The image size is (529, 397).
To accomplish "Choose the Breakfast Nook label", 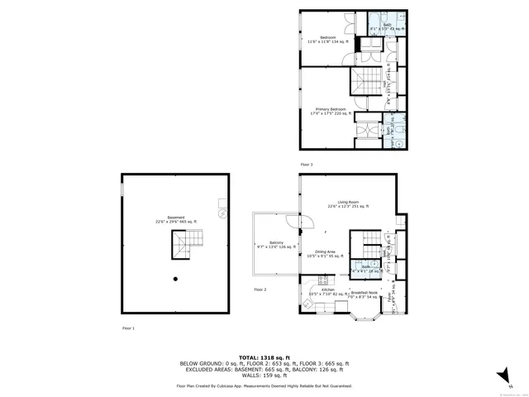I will pos(365,294).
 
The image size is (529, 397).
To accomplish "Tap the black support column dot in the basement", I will pos(175,279).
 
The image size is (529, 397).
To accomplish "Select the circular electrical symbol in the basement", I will pos(222,213).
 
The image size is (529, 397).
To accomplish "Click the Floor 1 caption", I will pos(127,328).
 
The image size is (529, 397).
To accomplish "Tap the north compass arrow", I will pos(502,376).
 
